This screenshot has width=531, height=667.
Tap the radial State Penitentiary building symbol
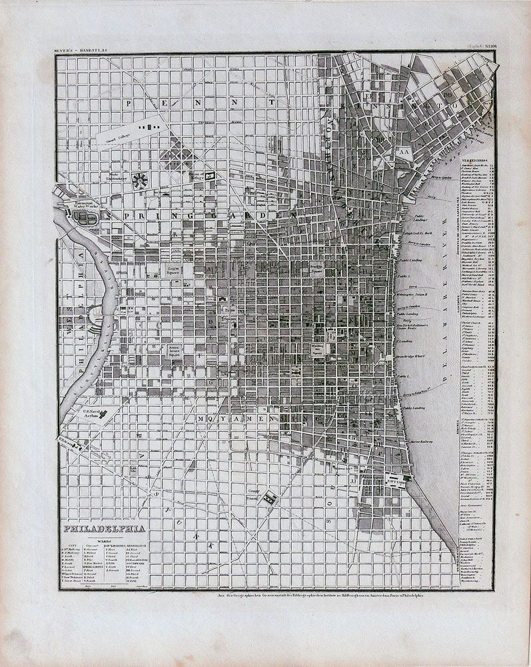[140, 179]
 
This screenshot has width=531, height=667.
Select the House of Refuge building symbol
[211, 175]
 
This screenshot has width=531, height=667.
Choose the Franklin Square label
[316, 270]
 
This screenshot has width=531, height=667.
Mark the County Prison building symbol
[270, 497]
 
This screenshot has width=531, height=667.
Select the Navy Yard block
[395, 479]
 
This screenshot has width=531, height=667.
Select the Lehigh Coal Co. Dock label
[416, 233]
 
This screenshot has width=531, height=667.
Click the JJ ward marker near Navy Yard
[354, 478]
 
